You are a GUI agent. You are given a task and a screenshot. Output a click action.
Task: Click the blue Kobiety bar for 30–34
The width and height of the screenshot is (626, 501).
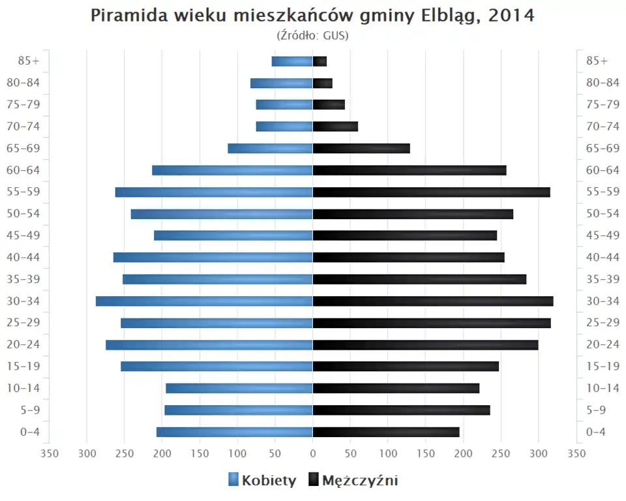(204, 301)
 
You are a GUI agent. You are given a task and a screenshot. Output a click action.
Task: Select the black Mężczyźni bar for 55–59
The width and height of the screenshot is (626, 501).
(431, 192)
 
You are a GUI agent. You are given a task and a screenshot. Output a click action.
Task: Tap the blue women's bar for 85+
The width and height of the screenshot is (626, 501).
(292, 61)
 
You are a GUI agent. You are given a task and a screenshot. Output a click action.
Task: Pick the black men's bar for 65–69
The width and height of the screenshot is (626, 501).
(361, 149)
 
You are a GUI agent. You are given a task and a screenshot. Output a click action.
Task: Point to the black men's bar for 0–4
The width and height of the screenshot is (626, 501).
(386, 432)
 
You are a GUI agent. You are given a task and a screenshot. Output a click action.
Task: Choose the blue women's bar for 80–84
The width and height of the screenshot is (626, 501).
(281, 83)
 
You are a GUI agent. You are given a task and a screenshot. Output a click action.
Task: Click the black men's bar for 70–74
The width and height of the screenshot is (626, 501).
(335, 127)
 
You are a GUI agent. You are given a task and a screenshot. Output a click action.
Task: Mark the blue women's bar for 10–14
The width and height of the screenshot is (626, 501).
(239, 388)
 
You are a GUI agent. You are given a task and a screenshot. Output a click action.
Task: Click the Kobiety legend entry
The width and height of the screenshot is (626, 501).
(262, 481)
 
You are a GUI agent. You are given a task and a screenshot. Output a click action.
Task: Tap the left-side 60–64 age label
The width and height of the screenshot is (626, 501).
(23, 170)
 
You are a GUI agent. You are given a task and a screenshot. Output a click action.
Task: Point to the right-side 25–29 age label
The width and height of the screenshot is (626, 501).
(603, 323)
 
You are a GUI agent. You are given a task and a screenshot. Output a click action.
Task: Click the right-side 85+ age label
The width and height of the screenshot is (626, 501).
(597, 61)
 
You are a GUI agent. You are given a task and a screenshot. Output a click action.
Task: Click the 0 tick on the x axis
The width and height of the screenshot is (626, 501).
(313, 453)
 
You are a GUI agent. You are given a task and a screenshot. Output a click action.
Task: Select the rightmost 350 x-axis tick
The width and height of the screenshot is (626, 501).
(576, 453)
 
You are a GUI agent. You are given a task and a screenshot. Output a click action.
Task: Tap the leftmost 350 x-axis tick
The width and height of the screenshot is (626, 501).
(50, 453)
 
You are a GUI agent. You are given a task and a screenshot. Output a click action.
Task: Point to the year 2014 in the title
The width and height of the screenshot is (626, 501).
(511, 16)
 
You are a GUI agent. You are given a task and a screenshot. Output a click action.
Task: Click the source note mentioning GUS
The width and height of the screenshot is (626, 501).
(313, 35)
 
